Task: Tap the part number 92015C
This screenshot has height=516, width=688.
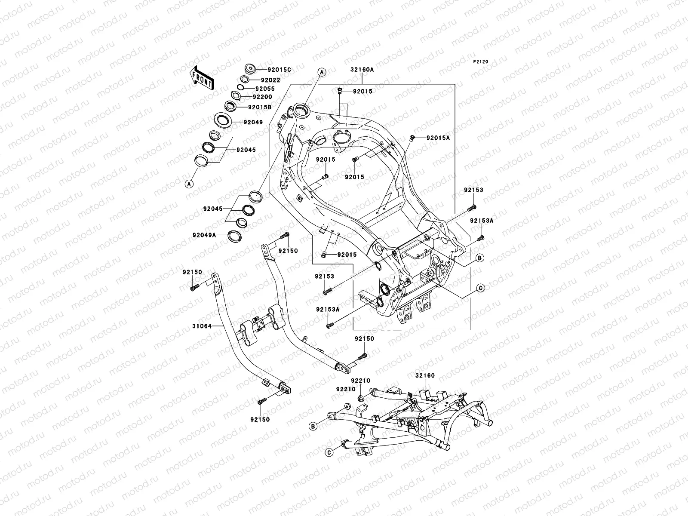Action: click(x=279, y=70)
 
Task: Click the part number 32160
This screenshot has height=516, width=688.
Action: click(x=425, y=375)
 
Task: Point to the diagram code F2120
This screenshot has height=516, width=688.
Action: click(x=481, y=62)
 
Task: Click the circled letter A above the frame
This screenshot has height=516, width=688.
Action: click(x=321, y=72)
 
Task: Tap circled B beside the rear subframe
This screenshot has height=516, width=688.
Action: click(x=313, y=426)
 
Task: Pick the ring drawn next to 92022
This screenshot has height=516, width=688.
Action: click(x=257, y=79)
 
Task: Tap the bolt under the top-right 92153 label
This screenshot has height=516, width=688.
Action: click(x=471, y=209)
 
